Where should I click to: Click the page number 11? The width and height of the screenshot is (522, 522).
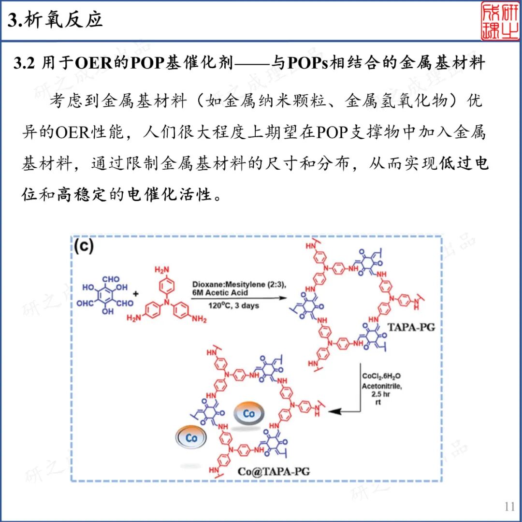coord(509,507)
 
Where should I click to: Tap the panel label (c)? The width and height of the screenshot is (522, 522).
coord(84,246)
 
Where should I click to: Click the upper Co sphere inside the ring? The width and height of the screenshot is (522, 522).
coord(249,414)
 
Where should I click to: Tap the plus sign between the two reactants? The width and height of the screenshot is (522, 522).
coord(135,293)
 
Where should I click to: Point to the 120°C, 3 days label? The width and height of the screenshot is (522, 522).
coord(234,306)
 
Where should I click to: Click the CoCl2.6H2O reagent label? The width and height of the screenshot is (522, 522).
coord(380,376)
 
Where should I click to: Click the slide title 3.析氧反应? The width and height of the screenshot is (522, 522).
coord(56,20)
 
